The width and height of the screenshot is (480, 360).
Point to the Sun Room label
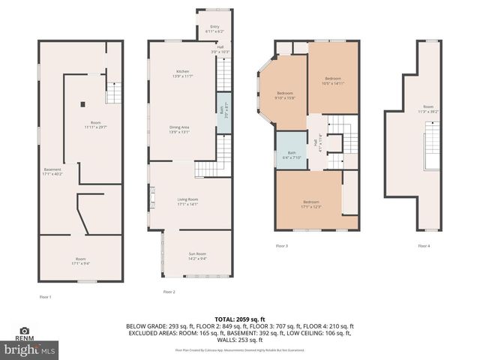click(x=197, y=256)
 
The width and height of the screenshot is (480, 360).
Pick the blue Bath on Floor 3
click(x=291, y=154)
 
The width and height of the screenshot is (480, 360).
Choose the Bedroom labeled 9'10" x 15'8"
click(x=284, y=94)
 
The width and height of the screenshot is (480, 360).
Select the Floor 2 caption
click(x=169, y=292)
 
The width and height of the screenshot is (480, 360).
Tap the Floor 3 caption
click(x=281, y=246)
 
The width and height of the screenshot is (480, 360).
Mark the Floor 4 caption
click(x=424, y=246)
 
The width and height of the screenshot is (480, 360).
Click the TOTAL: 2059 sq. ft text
click(x=240, y=318)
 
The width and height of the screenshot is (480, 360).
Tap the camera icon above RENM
click(x=25, y=330)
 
